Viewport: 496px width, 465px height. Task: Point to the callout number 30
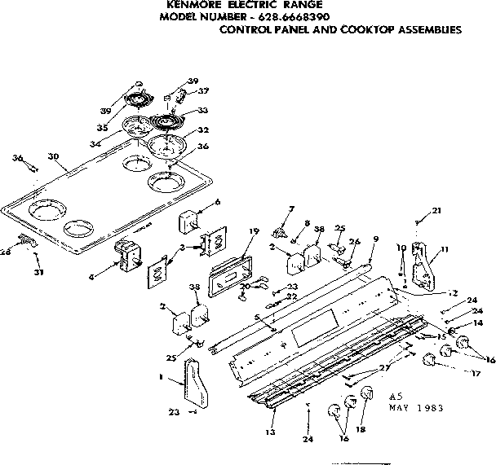point(54,156)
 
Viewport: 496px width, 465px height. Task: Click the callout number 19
point(254,231)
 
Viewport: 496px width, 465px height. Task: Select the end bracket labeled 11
point(421,266)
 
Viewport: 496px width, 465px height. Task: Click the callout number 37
point(203,90)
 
